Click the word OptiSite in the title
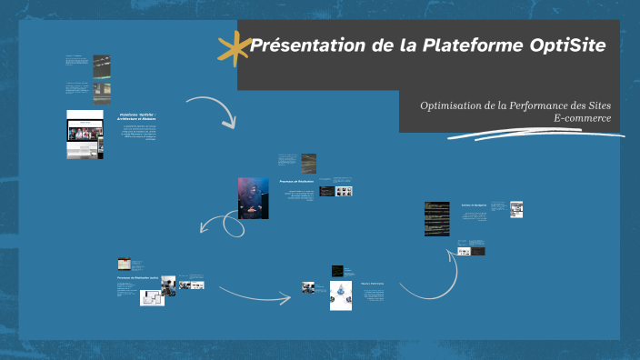567,45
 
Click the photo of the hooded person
253,197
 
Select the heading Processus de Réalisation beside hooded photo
296,182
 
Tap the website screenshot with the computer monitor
85,135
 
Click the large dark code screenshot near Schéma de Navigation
436,218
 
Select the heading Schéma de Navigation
475,205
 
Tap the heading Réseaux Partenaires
372,284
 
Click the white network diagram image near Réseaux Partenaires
341,295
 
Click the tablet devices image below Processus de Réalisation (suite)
151,297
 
